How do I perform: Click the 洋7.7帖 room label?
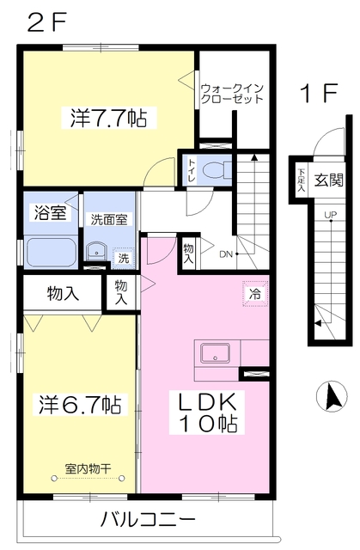(x=108, y=118)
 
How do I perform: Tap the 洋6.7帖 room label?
(x=80, y=405)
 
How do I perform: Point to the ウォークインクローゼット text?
(x=232, y=94)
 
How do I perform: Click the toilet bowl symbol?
(x=217, y=171)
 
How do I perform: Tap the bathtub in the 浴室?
(x=52, y=253)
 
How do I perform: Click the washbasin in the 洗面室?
(x=95, y=252)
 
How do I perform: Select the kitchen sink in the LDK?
(x=216, y=353)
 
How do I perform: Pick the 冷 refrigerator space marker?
(x=255, y=294)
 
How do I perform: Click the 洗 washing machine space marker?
(x=123, y=259)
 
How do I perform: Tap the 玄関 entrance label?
(x=328, y=180)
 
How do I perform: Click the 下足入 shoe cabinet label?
(x=301, y=180)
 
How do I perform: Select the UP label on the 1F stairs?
(x=330, y=214)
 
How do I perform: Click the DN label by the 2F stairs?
(x=226, y=254)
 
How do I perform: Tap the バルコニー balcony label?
(x=147, y=520)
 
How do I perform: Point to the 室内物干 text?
(x=88, y=468)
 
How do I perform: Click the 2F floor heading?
(x=46, y=23)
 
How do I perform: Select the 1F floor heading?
(x=318, y=93)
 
